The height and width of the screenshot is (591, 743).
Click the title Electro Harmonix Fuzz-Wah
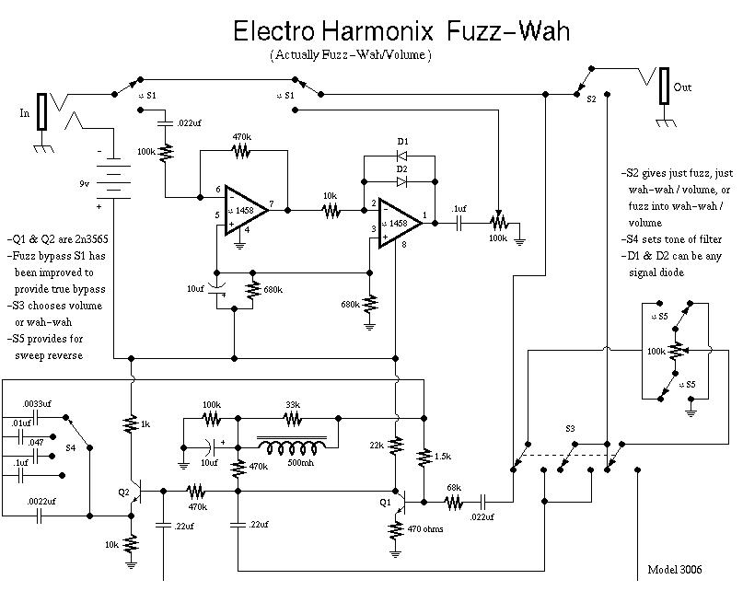click(401, 31)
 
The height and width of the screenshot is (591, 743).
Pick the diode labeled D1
click(402, 155)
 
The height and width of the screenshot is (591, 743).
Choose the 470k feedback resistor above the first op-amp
click(241, 150)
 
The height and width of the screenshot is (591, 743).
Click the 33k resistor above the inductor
click(292, 420)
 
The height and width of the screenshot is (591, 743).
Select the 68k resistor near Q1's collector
click(453, 502)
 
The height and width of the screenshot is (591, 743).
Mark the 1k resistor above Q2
click(133, 424)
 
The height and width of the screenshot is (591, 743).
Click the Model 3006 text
click(674, 569)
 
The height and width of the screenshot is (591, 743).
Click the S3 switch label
click(570, 430)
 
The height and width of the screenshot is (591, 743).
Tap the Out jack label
click(682, 87)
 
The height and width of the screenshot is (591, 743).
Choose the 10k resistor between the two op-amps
click(331, 211)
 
